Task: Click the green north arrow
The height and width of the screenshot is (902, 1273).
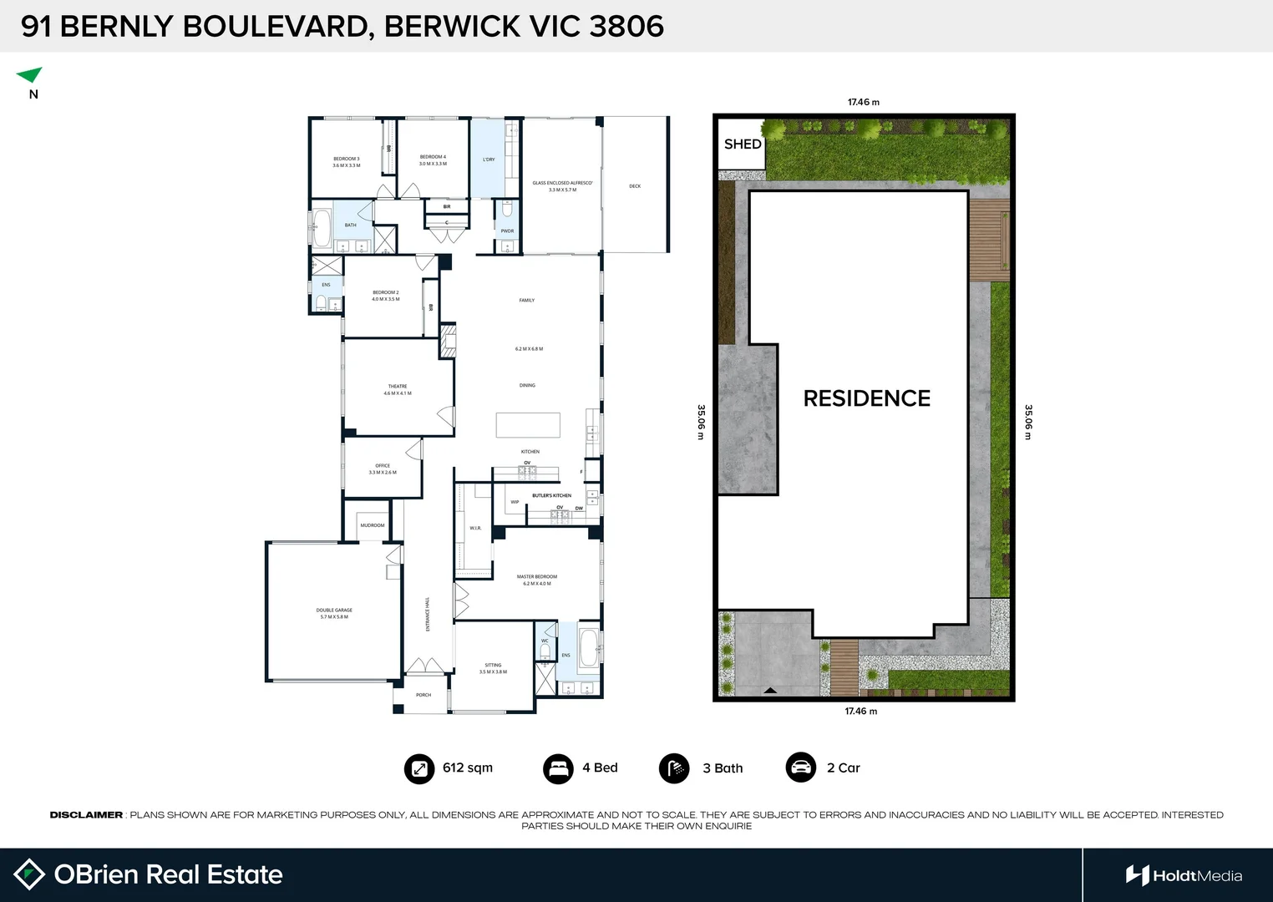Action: (x=30, y=75)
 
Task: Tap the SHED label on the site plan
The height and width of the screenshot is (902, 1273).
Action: (x=743, y=144)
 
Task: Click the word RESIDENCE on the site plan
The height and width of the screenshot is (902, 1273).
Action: (x=866, y=398)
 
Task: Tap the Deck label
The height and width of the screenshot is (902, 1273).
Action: (x=635, y=186)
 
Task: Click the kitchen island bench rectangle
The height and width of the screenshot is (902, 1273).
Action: (x=528, y=425)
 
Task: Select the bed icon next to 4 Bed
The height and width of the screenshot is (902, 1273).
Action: (x=557, y=768)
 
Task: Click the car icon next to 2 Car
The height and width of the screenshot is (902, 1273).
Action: (x=800, y=768)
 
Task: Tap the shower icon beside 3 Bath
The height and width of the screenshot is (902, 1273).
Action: (x=673, y=768)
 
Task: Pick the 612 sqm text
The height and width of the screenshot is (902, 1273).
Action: (x=468, y=768)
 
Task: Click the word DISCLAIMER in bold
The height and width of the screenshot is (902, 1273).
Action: (x=86, y=815)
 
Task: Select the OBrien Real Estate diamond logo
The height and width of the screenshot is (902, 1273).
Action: (x=29, y=874)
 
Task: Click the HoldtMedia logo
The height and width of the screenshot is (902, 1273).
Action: (x=1183, y=875)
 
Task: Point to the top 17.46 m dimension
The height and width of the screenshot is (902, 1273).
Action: (x=863, y=102)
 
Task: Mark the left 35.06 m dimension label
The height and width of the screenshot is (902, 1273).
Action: (x=702, y=422)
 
